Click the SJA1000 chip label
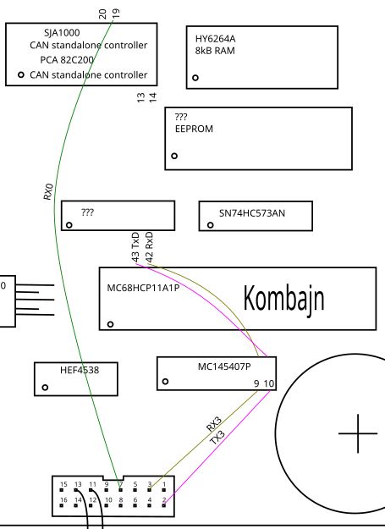(62, 33)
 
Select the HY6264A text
(215, 39)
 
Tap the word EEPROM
(194, 129)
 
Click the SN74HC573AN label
(252, 213)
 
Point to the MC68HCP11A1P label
(143, 288)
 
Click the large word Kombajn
(283, 299)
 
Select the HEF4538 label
(80, 370)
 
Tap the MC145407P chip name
(224, 366)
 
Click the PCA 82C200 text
(67, 60)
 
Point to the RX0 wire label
(48, 191)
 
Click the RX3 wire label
(214, 424)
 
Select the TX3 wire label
(217, 438)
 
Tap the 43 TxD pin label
(135, 247)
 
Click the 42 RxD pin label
(150, 247)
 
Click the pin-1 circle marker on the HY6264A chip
(195, 78)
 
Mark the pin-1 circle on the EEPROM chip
(174, 156)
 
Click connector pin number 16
(63, 499)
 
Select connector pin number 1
(164, 484)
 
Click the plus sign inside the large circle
(358, 433)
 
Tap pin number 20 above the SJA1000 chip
(102, 14)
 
